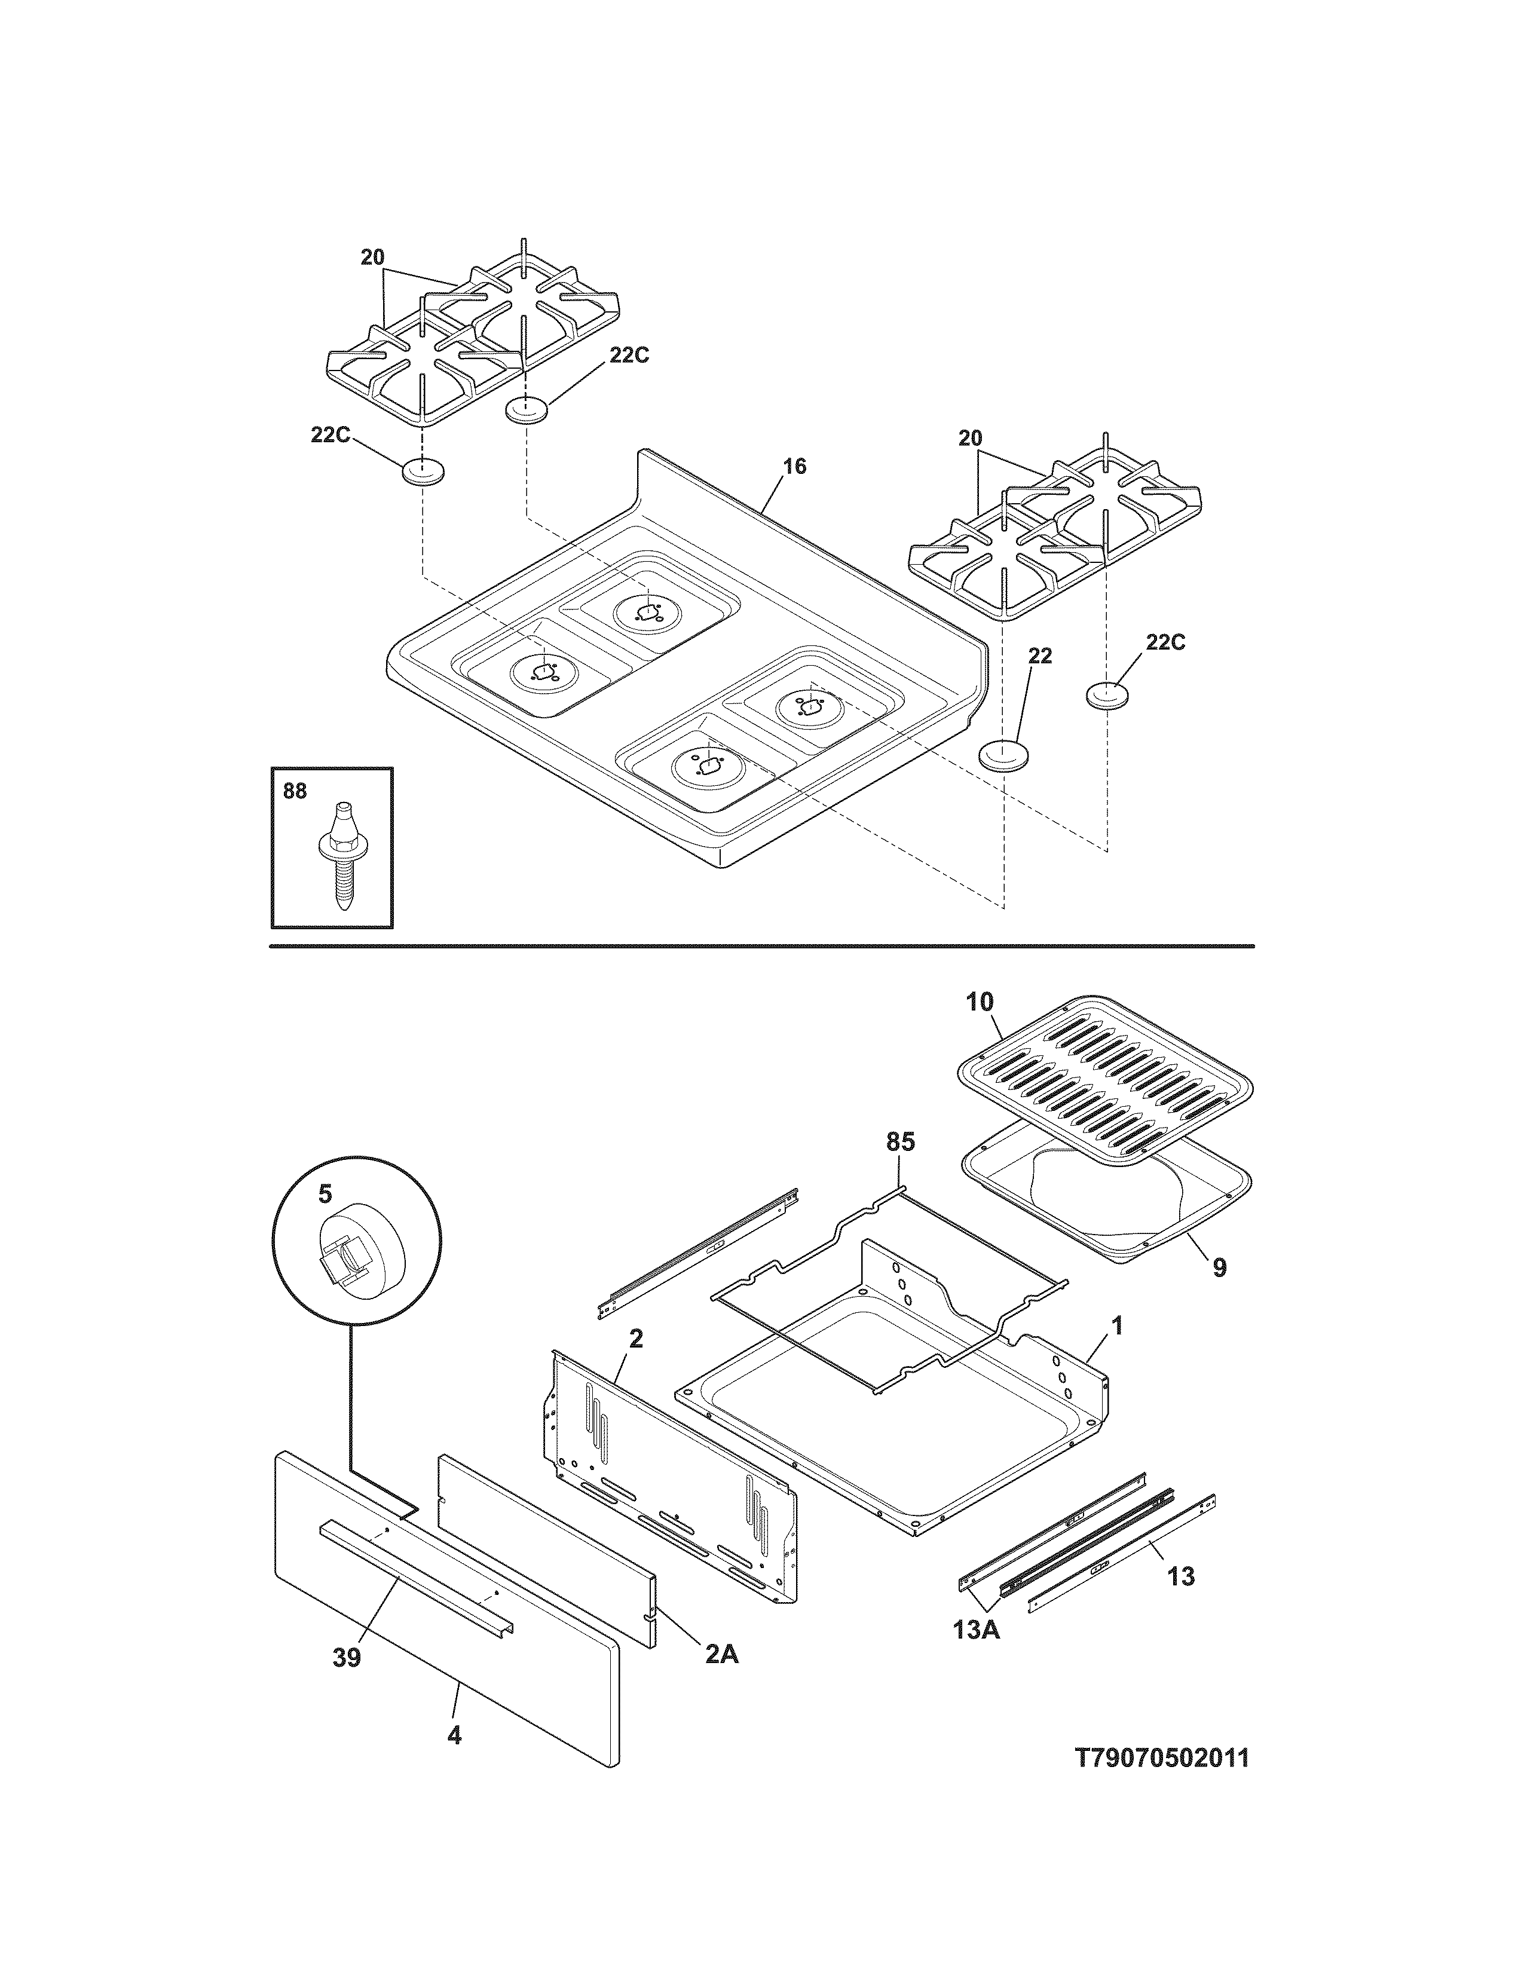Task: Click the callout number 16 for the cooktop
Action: [794, 467]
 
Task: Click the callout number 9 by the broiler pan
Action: [1219, 1267]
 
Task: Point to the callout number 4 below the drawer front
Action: [454, 1735]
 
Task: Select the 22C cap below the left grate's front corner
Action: [423, 471]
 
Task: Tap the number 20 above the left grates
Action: [373, 258]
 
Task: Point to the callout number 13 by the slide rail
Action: [1181, 1576]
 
